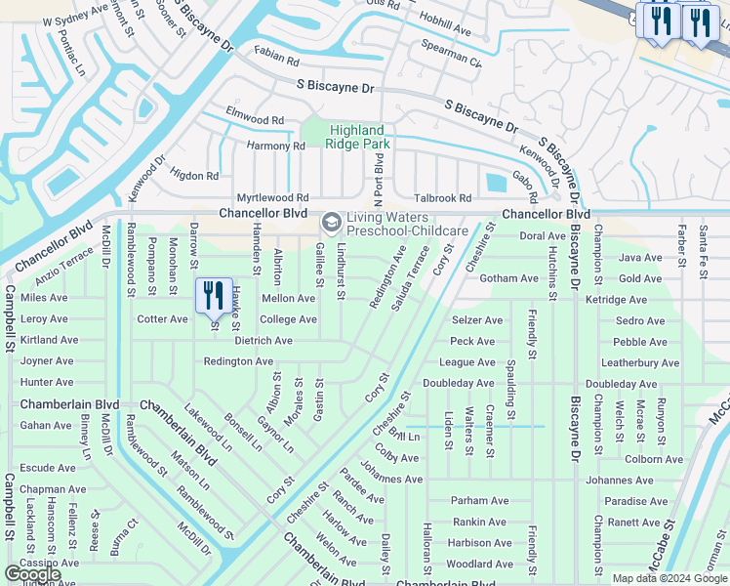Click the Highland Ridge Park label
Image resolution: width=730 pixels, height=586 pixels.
pyautogui.click(x=359, y=137)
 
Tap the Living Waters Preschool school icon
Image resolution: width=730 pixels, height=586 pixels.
pyautogui.click(x=331, y=224)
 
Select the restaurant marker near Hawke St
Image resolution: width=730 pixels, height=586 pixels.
pyautogui.click(x=214, y=294)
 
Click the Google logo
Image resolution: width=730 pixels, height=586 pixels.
pyautogui.click(x=33, y=574)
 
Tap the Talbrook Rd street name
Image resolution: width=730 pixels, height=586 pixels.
pyautogui.click(x=442, y=197)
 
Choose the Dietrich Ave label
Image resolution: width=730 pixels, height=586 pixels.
pyautogui.click(x=264, y=341)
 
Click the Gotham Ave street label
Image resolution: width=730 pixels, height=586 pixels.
pyautogui.click(x=508, y=278)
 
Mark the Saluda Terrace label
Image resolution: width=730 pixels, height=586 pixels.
pyautogui.click(x=411, y=277)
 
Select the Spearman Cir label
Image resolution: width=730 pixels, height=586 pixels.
pyautogui.click(x=451, y=53)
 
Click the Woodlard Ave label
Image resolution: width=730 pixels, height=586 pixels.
pyautogui.click(x=480, y=564)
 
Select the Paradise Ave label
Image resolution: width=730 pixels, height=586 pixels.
pyautogui.click(x=635, y=501)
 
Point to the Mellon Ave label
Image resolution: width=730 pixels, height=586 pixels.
pyautogui.click(x=288, y=298)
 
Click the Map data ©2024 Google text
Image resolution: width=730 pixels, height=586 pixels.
pyautogui.click(x=669, y=578)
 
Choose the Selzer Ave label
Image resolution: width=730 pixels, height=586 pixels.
pyautogui.click(x=477, y=320)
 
